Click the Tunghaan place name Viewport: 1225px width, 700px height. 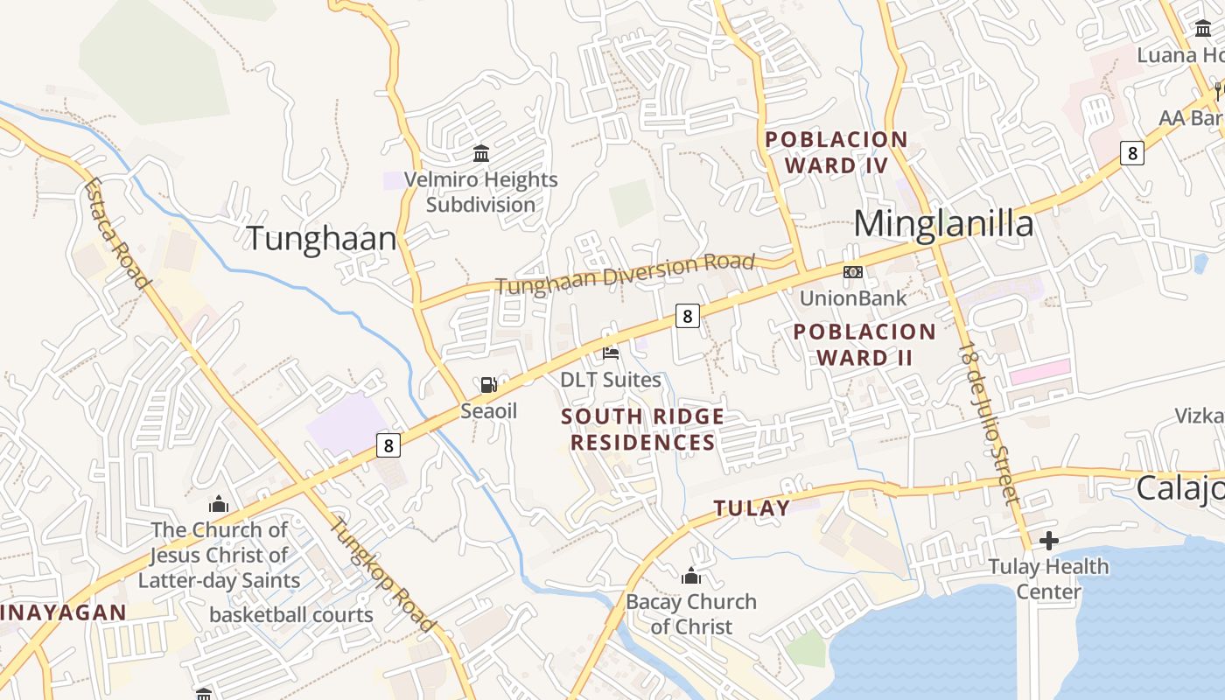pyautogui.click(x=321, y=239)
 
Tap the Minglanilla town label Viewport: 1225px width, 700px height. pyautogui.click(x=943, y=224)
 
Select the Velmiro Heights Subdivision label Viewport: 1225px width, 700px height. pyautogui.click(x=480, y=192)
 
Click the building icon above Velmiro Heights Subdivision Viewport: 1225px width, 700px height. pyautogui.click(x=480, y=155)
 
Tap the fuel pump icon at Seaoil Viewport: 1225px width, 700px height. pyautogui.click(x=489, y=384)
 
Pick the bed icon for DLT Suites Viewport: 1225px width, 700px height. pyautogui.click(x=611, y=353)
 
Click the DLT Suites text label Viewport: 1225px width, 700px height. pyautogui.click(x=611, y=380)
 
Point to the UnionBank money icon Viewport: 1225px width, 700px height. pyautogui.click(x=852, y=272)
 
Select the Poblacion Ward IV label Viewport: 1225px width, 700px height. pyautogui.click(x=836, y=152)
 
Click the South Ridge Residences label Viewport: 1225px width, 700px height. pyautogui.click(x=643, y=429)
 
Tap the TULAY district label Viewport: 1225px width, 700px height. pyautogui.click(x=752, y=508)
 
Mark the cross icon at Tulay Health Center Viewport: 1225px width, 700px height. pyautogui.click(x=1048, y=541)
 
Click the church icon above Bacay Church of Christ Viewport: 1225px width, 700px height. pyautogui.click(x=691, y=576)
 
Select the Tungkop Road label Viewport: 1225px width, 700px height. pyautogui.click(x=381, y=575)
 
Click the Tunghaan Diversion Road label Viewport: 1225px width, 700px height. pyautogui.click(x=625, y=274)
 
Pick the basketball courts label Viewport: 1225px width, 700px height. pyautogui.click(x=291, y=615)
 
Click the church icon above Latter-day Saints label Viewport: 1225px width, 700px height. pyautogui.click(x=219, y=504)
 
